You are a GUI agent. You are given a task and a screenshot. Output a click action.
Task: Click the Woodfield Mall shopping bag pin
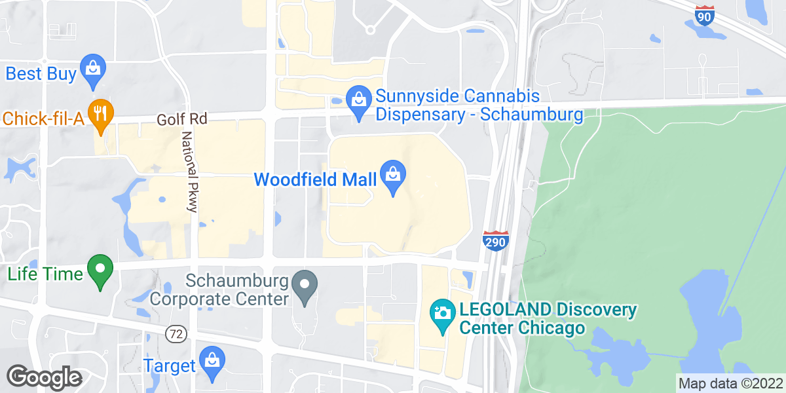pyautogui.click(x=393, y=176)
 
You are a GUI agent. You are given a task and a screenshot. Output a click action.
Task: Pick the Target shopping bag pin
pyautogui.click(x=212, y=362)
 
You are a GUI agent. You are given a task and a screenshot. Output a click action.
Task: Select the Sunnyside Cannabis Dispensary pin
pyautogui.click(x=358, y=101)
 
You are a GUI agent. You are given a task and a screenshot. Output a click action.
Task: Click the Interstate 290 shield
pyautogui.click(x=495, y=241)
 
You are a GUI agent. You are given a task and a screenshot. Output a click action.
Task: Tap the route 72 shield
pyautogui.click(x=177, y=333)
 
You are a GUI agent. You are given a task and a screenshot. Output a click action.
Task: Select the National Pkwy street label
pyautogui.click(x=190, y=171)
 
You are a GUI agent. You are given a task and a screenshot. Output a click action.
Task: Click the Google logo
pyautogui.click(x=44, y=377)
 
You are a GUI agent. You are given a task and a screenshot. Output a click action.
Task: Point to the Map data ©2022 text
pyautogui.click(x=730, y=384)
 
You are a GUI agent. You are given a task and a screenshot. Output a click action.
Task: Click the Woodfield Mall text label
pyautogui.click(x=315, y=179)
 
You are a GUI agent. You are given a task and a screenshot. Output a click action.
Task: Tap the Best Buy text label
pyautogui.click(x=41, y=73)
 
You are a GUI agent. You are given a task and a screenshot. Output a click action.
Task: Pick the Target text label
pyautogui.click(x=170, y=365)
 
